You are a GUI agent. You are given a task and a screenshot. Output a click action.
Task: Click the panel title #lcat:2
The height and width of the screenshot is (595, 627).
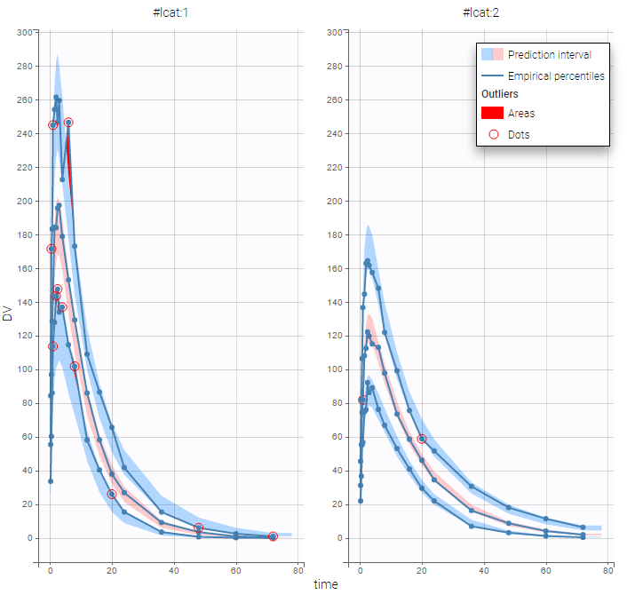click(481, 12)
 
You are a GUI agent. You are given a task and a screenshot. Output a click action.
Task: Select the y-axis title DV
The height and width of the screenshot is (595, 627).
click(8, 313)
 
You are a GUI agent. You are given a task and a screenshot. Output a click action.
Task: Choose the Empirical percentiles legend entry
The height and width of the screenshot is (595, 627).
click(556, 76)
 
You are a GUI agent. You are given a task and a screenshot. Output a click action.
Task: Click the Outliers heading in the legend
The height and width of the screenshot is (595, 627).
click(500, 93)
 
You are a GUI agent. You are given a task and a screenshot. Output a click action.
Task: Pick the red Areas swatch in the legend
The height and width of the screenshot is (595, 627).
click(493, 113)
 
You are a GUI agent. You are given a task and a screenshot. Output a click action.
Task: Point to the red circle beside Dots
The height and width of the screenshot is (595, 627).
click(493, 134)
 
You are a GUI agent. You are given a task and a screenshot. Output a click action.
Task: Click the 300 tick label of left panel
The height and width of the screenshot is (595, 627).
click(25, 32)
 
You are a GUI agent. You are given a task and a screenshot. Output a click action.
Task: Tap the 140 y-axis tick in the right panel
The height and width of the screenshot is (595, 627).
click(335, 302)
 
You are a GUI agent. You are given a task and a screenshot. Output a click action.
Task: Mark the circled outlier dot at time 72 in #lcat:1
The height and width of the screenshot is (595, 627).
click(273, 536)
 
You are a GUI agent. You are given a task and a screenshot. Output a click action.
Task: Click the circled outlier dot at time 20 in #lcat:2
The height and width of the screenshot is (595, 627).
click(422, 439)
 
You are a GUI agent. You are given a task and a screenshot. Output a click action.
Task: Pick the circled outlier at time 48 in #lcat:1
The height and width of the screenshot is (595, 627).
click(199, 528)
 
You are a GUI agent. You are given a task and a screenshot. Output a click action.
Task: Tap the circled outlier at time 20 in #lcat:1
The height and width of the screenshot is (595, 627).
click(112, 494)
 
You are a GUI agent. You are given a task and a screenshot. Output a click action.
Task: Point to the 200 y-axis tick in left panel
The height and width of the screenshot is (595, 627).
click(25, 201)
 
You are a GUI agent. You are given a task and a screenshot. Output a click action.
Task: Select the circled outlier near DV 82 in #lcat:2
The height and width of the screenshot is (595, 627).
click(362, 400)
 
